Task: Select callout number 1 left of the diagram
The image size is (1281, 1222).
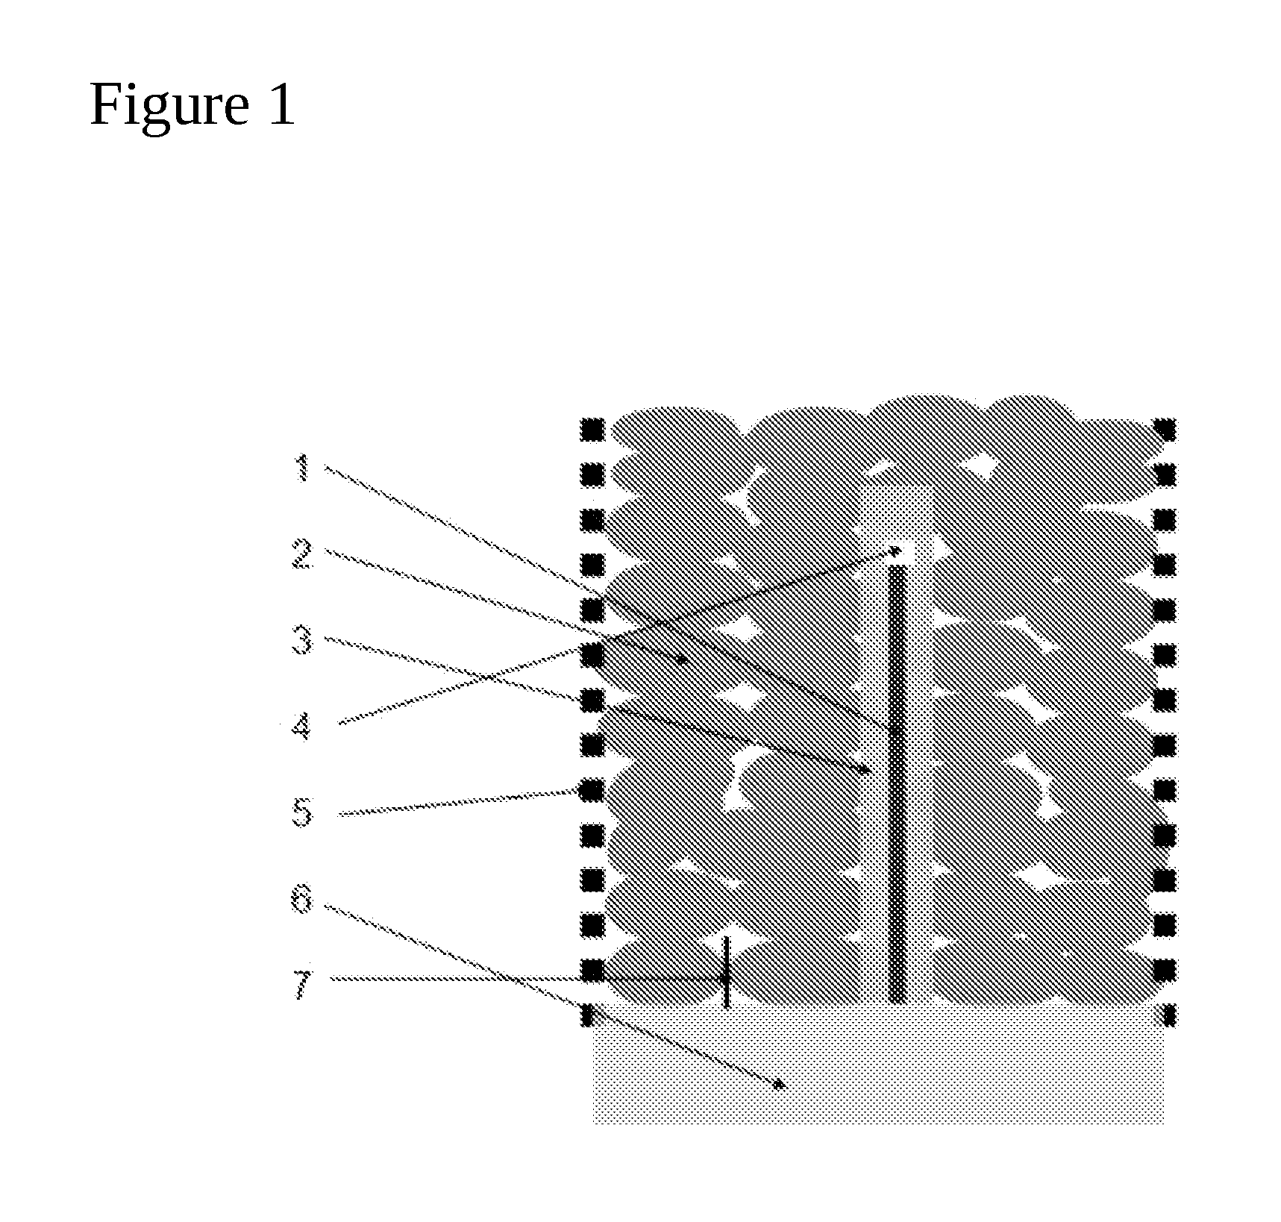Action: click(302, 469)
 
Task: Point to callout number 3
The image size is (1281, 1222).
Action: click(301, 641)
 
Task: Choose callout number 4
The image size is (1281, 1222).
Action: click(301, 725)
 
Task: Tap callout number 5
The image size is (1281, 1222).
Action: click(301, 812)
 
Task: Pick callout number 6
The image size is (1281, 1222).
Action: click(301, 900)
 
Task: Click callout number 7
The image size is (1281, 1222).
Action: click(301, 986)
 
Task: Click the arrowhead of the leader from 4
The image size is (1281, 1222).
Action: click(898, 551)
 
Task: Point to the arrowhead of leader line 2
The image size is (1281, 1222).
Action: click(680, 659)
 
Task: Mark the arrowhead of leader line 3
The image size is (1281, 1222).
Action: click(865, 771)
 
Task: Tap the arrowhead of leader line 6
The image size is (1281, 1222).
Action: click(780, 1085)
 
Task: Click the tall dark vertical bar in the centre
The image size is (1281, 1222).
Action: click(898, 783)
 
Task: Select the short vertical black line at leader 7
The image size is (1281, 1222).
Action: click(726, 972)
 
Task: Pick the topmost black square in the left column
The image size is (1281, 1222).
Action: click(592, 430)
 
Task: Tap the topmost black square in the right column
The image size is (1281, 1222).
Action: click(1165, 430)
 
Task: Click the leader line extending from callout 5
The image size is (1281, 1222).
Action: click(458, 803)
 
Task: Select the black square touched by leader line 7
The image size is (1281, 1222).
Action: click(592, 971)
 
